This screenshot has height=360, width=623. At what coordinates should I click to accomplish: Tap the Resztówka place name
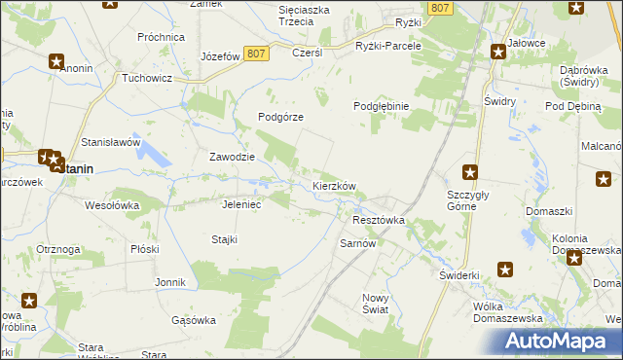[377, 221]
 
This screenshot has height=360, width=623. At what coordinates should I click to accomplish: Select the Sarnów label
[357, 244]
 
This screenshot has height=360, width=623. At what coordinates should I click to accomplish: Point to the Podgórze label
[281, 117]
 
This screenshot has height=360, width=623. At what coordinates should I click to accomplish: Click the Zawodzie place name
[233, 157]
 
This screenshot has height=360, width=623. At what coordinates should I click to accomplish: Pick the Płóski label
[144, 249]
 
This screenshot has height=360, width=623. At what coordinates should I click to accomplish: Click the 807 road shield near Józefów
[256, 54]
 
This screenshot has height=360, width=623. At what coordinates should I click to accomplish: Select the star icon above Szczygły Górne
[470, 172]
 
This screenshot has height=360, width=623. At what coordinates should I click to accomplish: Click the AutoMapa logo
[560, 342]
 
